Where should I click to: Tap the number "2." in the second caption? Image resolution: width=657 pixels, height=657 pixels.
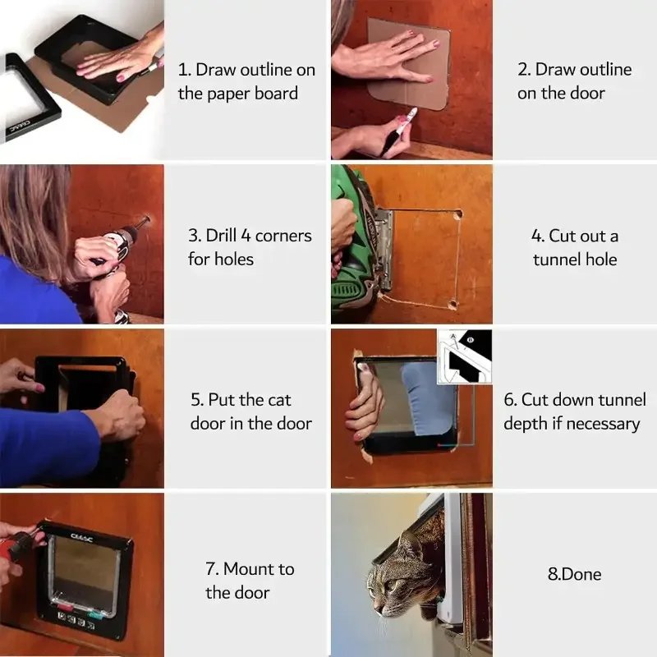coord(524,70)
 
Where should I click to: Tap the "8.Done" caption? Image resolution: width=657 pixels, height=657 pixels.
coord(575,574)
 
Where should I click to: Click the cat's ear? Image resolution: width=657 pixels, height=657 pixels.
coord(409,545)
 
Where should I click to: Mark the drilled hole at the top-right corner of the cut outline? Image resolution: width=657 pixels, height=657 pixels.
coord(457,214)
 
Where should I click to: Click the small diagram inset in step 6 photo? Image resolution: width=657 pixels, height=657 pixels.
coord(464,356)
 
